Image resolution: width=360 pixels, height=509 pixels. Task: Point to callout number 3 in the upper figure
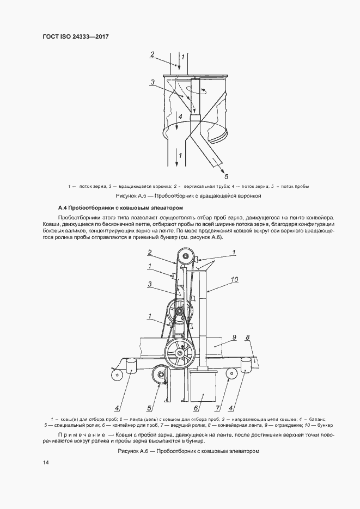(153, 82)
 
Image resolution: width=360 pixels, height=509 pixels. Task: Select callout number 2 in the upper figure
(153, 54)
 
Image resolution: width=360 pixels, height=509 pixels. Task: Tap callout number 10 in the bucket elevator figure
(235, 280)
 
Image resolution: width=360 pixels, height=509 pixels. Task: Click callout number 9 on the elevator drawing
(234, 337)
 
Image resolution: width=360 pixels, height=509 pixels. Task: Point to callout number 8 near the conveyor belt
(248, 337)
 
